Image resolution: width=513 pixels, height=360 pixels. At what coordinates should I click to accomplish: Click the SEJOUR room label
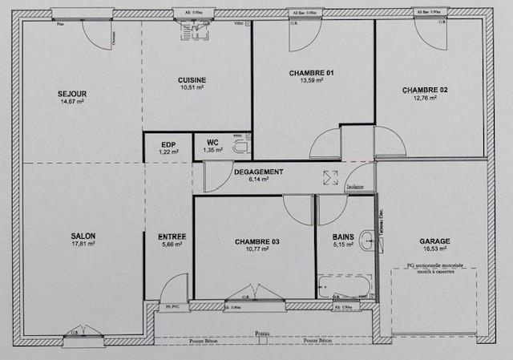[x=72, y=94]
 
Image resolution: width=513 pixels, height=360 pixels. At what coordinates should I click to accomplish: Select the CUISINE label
[x=192, y=79]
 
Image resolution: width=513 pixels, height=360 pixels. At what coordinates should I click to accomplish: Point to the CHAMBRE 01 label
[x=311, y=73]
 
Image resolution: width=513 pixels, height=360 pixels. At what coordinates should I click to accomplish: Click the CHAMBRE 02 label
[x=425, y=91]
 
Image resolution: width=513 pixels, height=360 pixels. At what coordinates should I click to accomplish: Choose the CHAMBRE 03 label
[x=256, y=241]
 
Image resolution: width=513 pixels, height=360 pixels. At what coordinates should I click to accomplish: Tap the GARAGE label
[x=434, y=241]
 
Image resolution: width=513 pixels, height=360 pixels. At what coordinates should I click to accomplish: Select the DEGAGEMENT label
[x=258, y=172]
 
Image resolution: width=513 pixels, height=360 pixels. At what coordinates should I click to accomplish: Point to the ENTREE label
[x=172, y=237]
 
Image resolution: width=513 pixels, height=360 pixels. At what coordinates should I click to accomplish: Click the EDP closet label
[x=168, y=144]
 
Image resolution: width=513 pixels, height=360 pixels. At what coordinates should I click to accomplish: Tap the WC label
[x=212, y=144]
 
